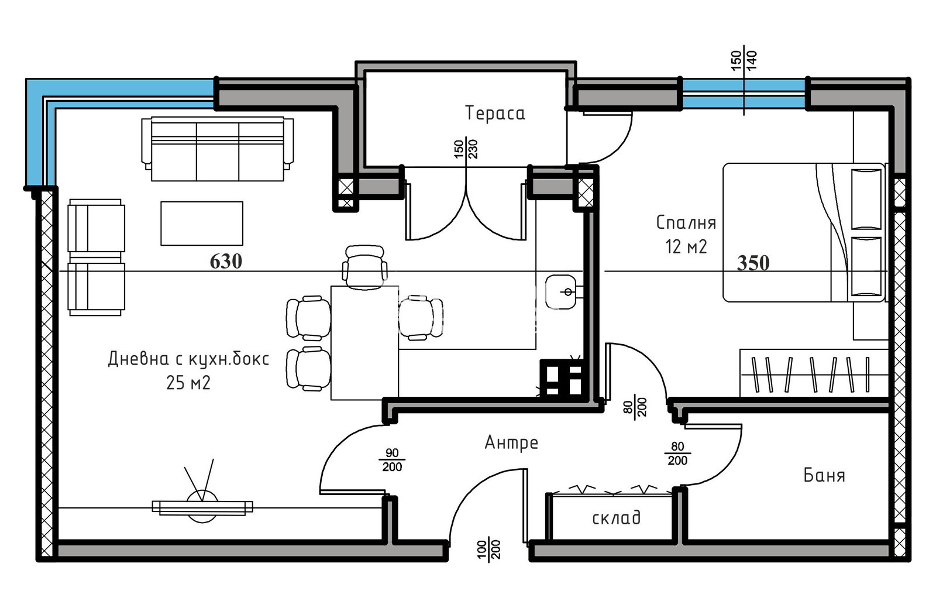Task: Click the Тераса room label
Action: pos(495,113)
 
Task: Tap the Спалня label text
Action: pos(686,222)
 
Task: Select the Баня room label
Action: pos(824,475)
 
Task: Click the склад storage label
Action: pos(616,518)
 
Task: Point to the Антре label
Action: pos(511,442)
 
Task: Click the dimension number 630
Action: pos(226,261)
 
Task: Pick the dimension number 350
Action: pos(753,263)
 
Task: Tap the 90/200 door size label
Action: pos(392,460)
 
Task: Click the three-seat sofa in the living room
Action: pos(217,149)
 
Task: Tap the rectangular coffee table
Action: pos(202,223)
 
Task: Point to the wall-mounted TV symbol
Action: pos(202,506)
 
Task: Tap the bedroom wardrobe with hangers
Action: pos(813,373)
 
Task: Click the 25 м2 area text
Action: pos(188,383)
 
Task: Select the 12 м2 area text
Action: pos(686,247)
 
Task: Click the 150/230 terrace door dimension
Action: pos(466,149)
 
